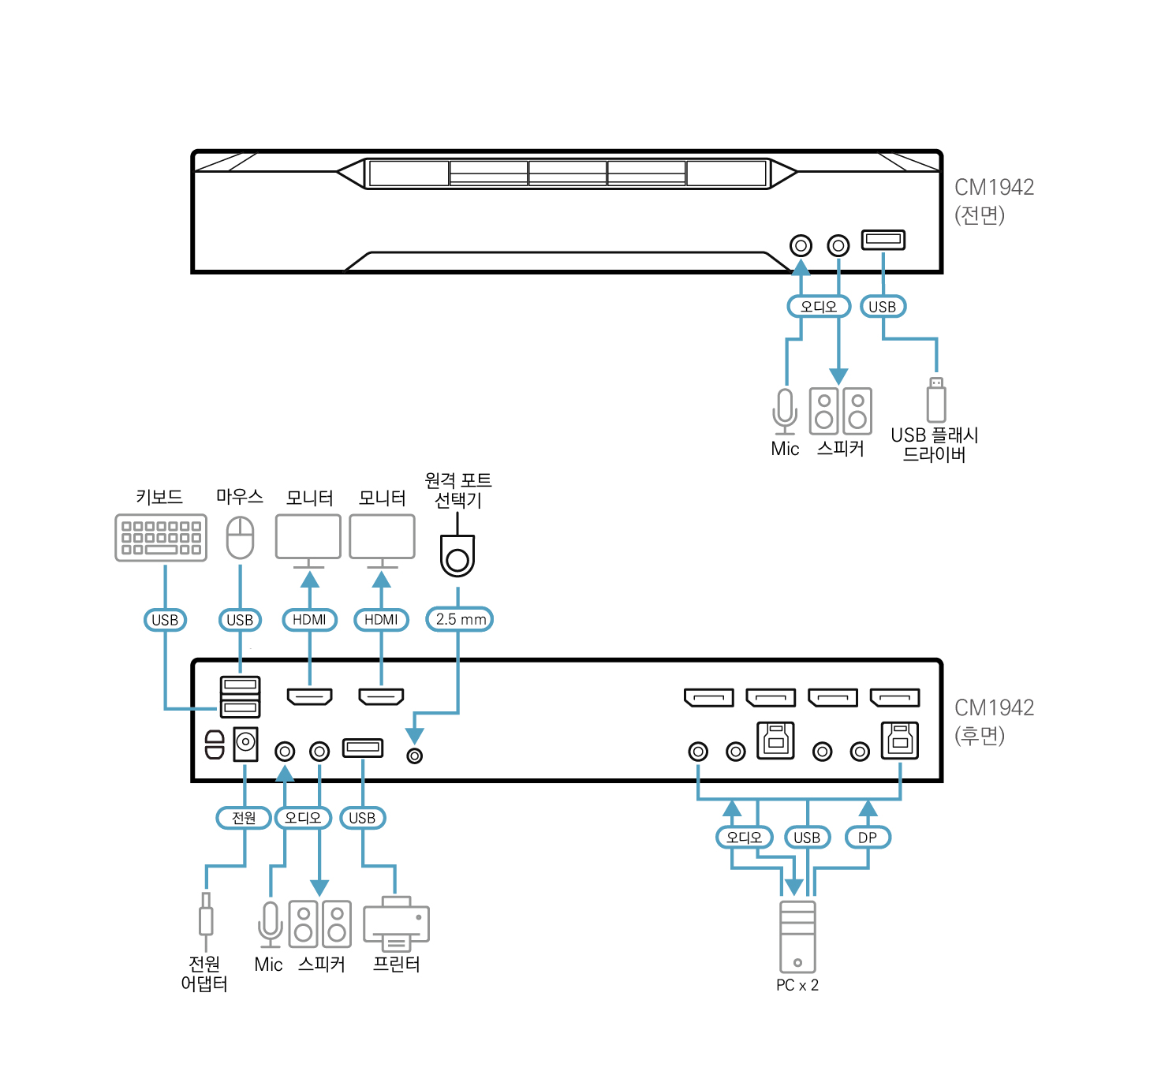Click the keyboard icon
[161, 538]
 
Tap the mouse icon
[240, 537]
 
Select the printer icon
[396, 923]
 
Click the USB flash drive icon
[936, 400]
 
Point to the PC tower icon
[797, 936]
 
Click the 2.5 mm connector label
[460, 619]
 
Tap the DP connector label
[868, 838]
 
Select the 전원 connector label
[244, 818]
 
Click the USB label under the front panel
[883, 307]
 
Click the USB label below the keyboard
[165, 620]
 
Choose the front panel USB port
[883, 239]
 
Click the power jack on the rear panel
[245, 743]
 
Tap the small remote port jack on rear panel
[414, 756]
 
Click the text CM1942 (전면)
[993, 200]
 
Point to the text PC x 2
[797, 985]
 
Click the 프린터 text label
[396, 964]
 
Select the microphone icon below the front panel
[785, 411]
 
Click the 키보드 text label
[159, 497]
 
